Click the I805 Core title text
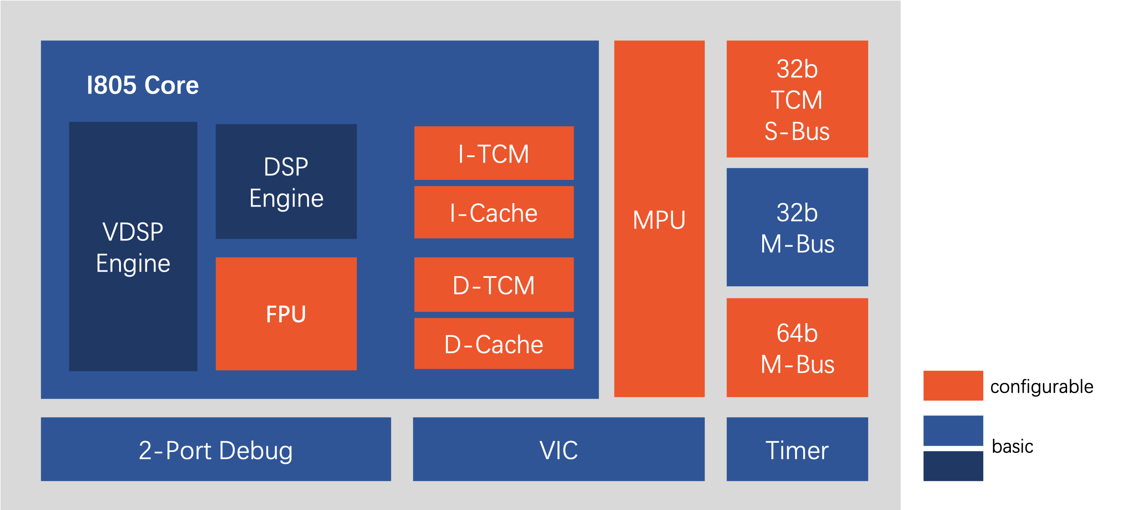[143, 85]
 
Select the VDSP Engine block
[133, 246]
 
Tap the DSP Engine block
[286, 181]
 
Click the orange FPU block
[286, 313]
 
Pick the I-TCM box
[494, 153]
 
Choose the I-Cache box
[494, 212]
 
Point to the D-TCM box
[494, 284]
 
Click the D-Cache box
[494, 343]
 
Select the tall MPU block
[659, 219]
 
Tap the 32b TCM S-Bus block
[797, 99]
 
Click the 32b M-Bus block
[797, 227]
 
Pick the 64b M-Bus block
[797, 347]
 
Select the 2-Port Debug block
[216, 449]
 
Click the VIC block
[559, 449]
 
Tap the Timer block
[797, 449]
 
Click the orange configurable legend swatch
[953, 386]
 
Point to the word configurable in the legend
[1042, 387]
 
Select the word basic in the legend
[1012, 446]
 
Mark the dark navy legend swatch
[953, 466]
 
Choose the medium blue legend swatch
[953, 430]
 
